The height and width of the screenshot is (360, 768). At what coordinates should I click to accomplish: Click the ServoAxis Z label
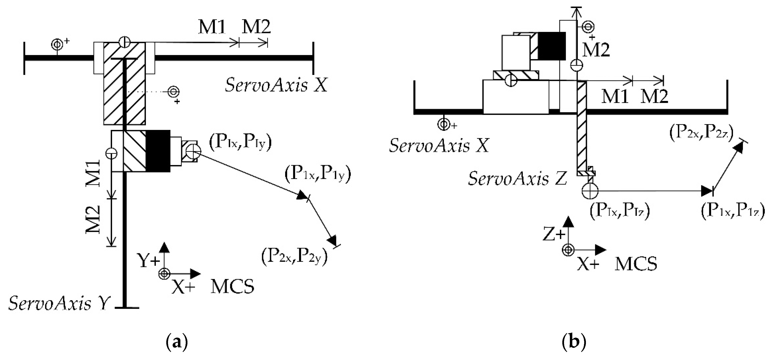coord(517,179)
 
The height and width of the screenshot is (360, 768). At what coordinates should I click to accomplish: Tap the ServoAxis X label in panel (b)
coord(439,146)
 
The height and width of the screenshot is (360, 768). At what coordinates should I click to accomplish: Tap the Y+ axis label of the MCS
coord(148,261)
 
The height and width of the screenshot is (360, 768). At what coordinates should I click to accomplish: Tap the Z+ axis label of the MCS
coord(554,234)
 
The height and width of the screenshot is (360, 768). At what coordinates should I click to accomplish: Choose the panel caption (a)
coord(177,342)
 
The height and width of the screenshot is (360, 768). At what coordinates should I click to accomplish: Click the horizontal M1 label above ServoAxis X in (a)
coord(212,27)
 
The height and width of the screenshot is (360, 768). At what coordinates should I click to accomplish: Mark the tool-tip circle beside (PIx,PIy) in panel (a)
coord(193,152)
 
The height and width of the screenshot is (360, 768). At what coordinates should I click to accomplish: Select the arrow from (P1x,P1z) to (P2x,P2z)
coord(727,167)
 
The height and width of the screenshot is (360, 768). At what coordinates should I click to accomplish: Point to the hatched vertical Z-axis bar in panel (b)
coord(582,128)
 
